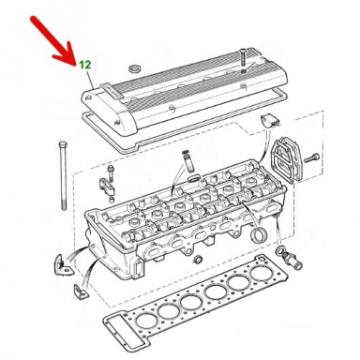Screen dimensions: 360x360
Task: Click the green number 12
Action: coord(84,65)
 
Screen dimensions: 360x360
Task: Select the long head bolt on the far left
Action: coord(62,175)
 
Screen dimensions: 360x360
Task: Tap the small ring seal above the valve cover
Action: coord(135,68)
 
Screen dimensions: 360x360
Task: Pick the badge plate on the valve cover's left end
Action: coord(111,91)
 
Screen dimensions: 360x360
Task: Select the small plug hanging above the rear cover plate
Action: coord(269,121)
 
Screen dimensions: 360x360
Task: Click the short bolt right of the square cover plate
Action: coord(311,157)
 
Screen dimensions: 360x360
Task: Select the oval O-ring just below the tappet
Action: coord(193,179)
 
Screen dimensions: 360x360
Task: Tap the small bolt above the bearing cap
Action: coord(111,172)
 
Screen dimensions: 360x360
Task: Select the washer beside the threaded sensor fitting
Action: coord(279,250)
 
